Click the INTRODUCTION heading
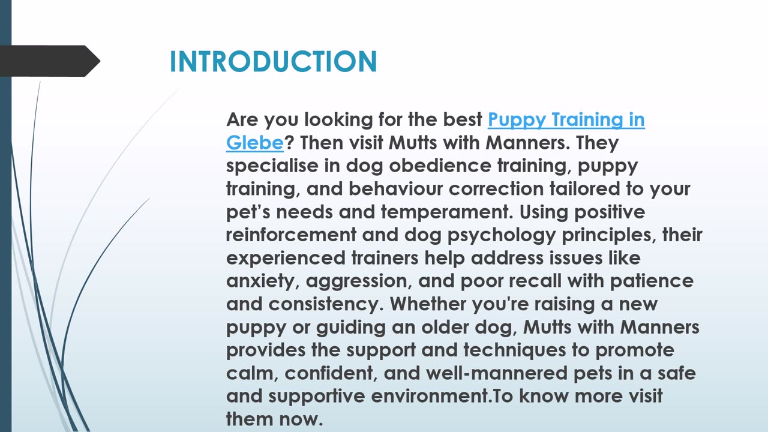pos(273,61)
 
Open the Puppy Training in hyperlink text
pos(566,121)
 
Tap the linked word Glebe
pos(255,142)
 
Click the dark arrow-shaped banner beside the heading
pos(50,61)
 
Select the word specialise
pos(272,166)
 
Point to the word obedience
pos(440,166)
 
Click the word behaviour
pos(395,188)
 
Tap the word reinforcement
pos(291,235)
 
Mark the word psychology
pos(502,236)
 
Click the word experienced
pos(286,259)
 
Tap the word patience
pos(652,282)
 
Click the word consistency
pos(326,304)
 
